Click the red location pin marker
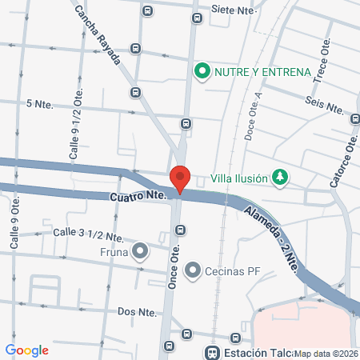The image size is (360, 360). [180, 178]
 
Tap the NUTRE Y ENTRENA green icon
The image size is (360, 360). [202, 72]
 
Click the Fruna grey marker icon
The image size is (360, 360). [141, 251]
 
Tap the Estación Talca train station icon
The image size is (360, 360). [212, 352]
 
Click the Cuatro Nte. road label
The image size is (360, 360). [134, 194]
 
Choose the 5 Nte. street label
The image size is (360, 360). [39, 104]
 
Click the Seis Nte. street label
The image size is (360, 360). [325, 103]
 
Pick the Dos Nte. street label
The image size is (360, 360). [136, 310]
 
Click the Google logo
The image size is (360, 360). [26, 350]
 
